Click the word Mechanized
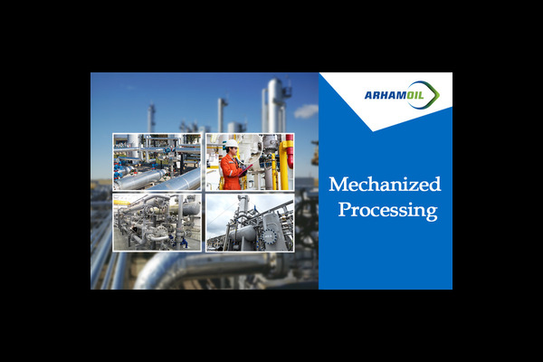[x=385, y=185]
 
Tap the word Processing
[x=388, y=210]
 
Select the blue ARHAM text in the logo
[x=386, y=95]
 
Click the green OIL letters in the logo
[x=415, y=95]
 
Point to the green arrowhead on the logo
[x=434, y=94]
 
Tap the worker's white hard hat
[x=232, y=144]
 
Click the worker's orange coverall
[x=230, y=173]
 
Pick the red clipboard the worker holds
[x=245, y=170]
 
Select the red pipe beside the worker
[x=290, y=151]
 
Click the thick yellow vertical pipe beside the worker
[x=284, y=166]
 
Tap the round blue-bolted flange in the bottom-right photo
[x=269, y=236]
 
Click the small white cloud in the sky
[x=306, y=111]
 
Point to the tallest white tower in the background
[x=275, y=105]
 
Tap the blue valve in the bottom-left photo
[x=184, y=243]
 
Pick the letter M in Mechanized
[x=338, y=185]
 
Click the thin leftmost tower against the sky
[x=151, y=118]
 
